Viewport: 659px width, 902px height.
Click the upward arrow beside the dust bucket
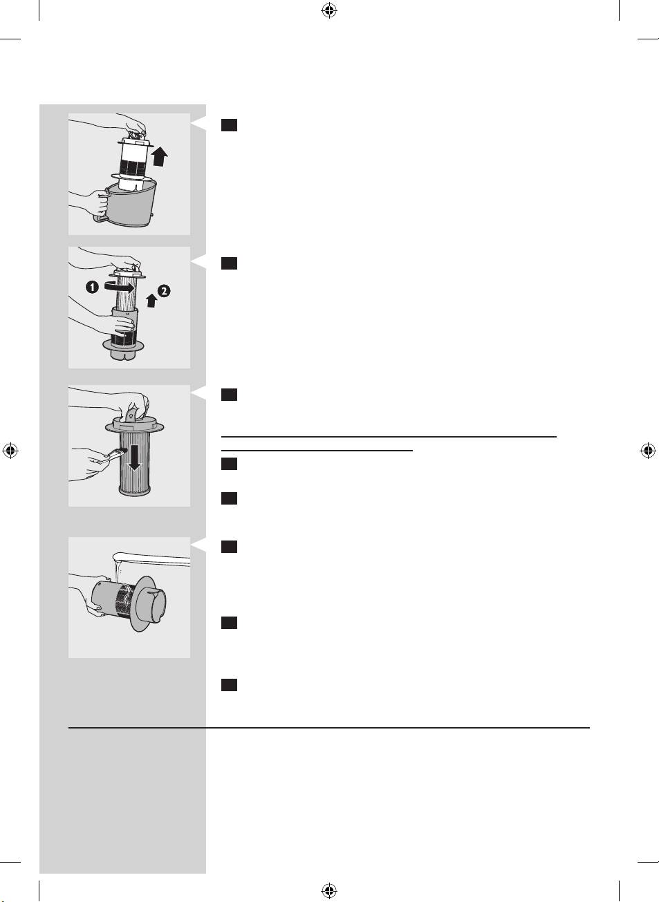click(160, 156)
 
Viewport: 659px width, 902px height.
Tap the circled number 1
click(92, 287)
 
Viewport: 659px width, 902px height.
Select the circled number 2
click(164, 291)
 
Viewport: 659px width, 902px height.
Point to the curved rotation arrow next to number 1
click(119, 287)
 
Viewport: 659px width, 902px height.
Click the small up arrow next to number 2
click(151, 301)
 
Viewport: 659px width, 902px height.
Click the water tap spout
click(151, 559)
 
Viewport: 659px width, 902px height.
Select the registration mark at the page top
click(329, 11)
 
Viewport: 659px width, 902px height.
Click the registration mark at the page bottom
click(329, 890)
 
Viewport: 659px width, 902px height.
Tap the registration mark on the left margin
click(10, 450)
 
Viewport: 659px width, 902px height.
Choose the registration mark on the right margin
click(648, 450)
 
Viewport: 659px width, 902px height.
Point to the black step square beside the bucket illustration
click(229, 125)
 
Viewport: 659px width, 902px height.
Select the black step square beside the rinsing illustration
click(229, 547)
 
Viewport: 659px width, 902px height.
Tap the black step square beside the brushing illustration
click(229, 395)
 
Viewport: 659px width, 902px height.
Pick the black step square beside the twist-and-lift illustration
click(229, 263)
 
